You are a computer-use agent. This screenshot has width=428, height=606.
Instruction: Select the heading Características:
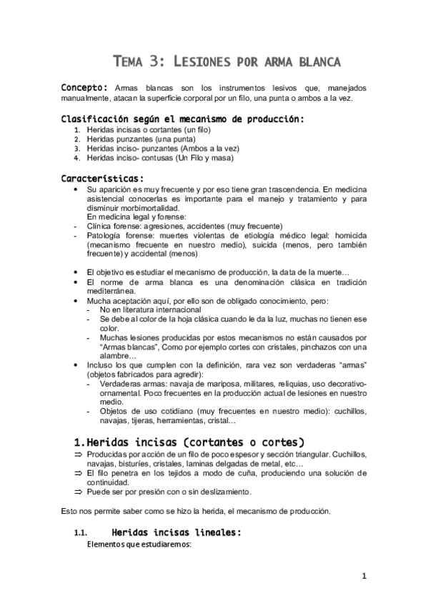click(x=101, y=178)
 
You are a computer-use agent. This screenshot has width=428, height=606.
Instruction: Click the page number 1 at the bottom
click(x=364, y=576)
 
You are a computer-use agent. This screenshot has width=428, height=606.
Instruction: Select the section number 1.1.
click(x=80, y=533)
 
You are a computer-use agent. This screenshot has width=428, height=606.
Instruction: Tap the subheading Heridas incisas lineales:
click(x=176, y=532)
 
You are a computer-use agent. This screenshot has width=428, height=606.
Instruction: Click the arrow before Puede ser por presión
click(x=78, y=492)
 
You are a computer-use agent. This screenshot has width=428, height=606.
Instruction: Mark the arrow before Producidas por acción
click(x=78, y=454)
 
